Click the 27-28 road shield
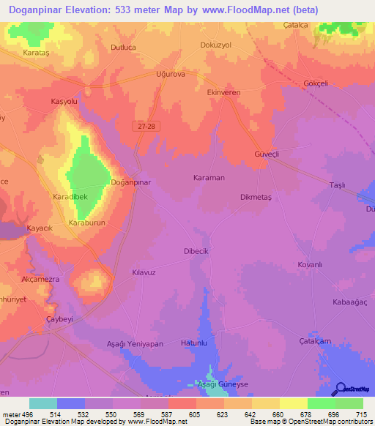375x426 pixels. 145,126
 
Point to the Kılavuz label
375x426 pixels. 123,272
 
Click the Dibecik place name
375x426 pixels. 197,251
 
